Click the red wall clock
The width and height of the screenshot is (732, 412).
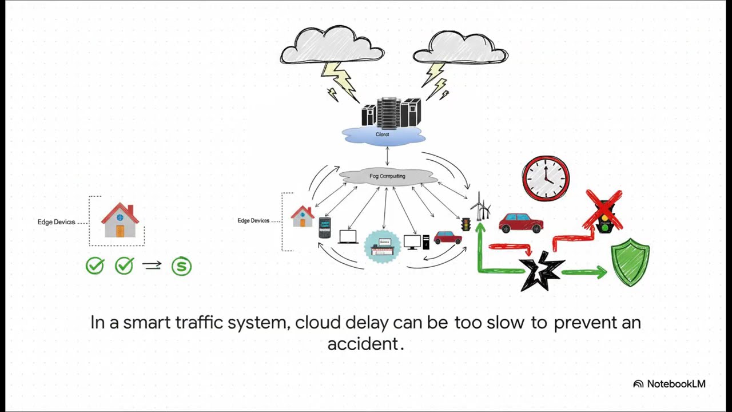[x=546, y=178]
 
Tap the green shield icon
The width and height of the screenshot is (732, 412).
[x=630, y=262]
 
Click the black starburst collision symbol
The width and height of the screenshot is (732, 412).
[x=540, y=272]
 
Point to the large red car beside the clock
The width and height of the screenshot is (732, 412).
[x=520, y=223]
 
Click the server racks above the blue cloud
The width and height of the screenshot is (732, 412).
[x=391, y=112]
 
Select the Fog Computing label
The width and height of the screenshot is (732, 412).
[x=387, y=176]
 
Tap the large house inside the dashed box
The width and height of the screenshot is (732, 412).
[x=120, y=220]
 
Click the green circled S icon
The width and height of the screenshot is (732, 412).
[x=181, y=266]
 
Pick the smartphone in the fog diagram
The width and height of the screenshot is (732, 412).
[x=324, y=227]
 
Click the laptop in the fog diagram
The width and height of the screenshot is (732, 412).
[x=348, y=236]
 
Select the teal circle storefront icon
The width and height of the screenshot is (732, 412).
[x=383, y=247]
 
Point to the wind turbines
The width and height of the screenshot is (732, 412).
[x=480, y=207]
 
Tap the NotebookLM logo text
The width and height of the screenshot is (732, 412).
[x=675, y=384]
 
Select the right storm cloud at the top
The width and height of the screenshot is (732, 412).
[x=460, y=48]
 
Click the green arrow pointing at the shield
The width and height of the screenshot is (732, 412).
[x=584, y=272]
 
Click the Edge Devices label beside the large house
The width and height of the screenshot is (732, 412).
[x=56, y=222]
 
